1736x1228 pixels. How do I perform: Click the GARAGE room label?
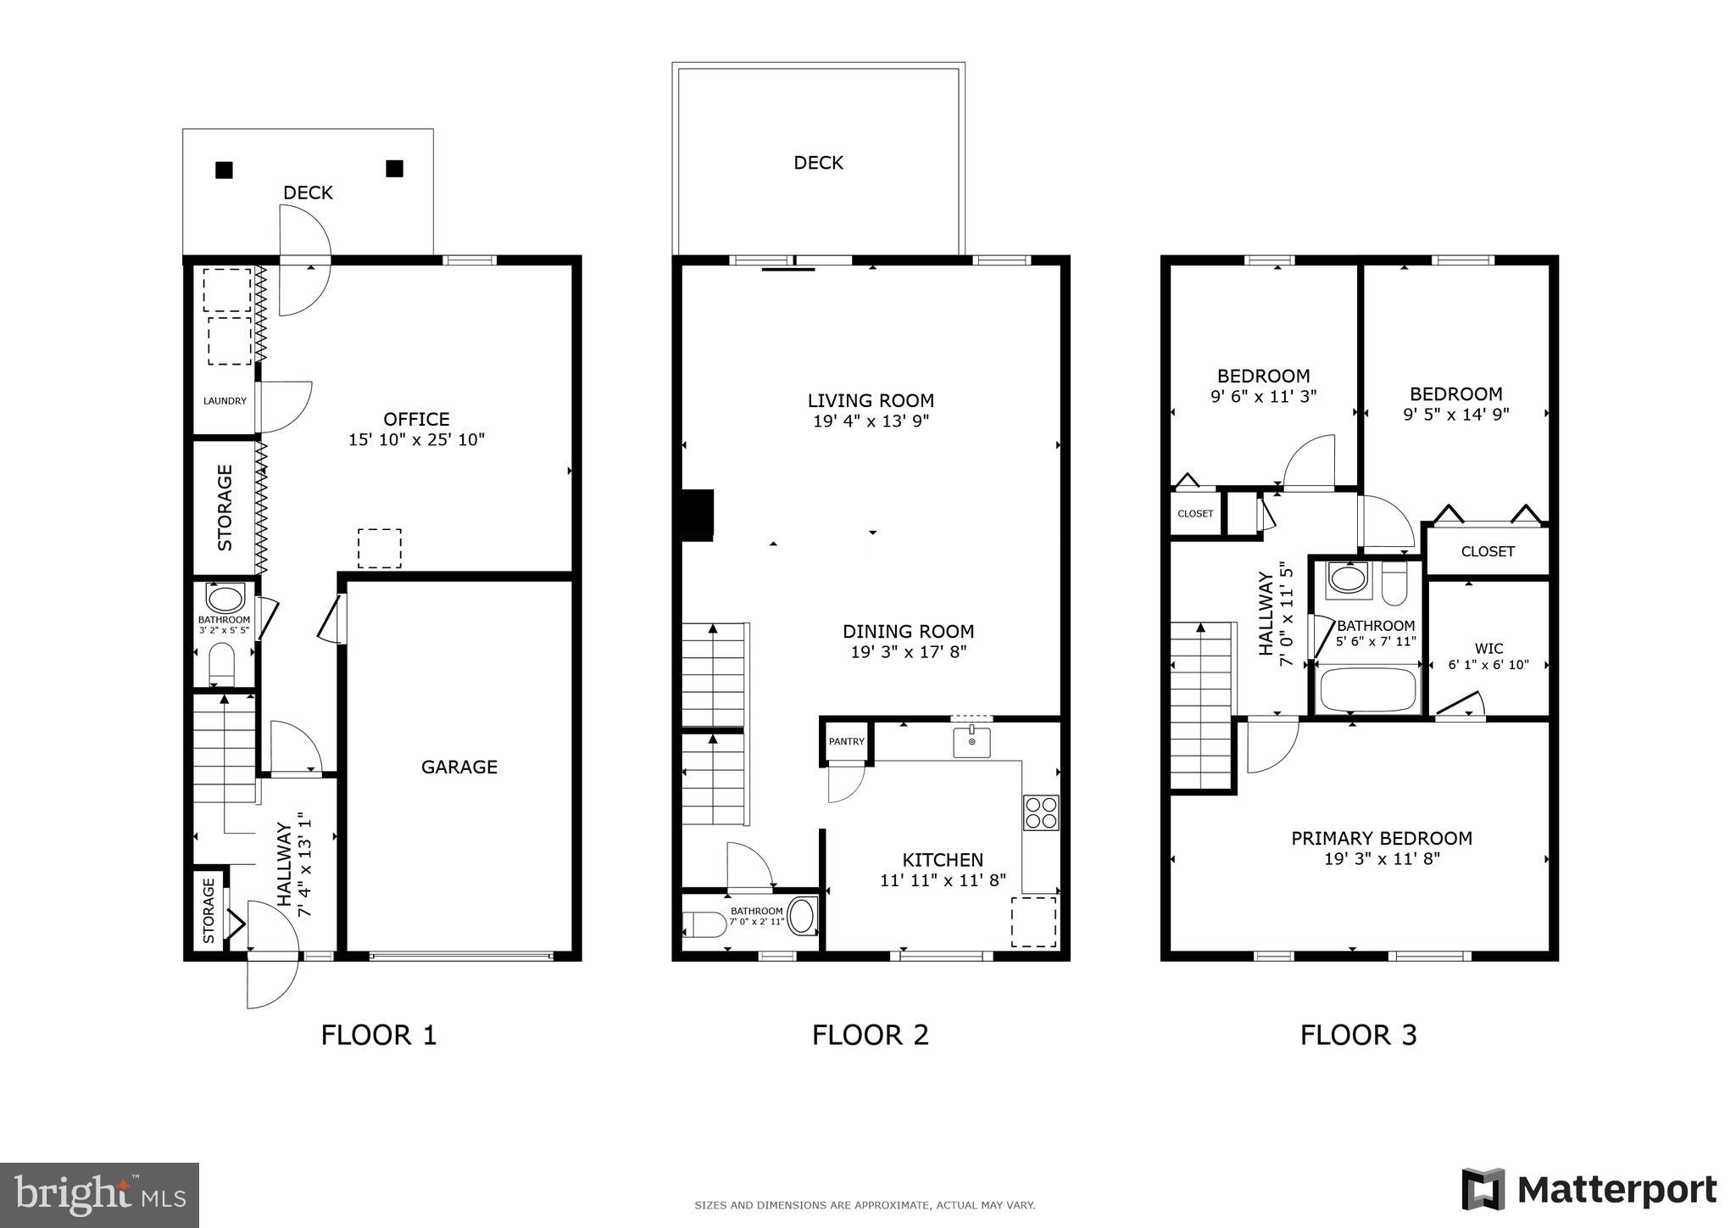[x=459, y=767]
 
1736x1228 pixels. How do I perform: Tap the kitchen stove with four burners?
[x=1040, y=812]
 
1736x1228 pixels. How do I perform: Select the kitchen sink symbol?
[x=971, y=742]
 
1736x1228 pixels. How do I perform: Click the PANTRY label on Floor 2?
[x=846, y=741]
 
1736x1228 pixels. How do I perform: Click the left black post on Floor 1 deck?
[x=224, y=170]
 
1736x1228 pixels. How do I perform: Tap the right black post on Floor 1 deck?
[x=394, y=169]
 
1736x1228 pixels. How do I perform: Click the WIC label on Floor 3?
[x=1488, y=649]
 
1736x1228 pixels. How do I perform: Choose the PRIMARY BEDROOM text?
[x=1381, y=838]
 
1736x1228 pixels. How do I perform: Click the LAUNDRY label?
[x=225, y=401]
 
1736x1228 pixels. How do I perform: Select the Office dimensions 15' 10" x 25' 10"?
[x=416, y=440]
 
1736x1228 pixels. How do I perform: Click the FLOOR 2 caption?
[x=870, y=1035]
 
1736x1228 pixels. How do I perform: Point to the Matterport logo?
[x=1589, y=1189]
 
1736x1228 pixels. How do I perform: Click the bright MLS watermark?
[x=99, y=1195]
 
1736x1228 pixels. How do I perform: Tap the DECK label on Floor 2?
[x=818, y=163]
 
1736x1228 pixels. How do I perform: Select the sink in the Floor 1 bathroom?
[x=225, y=599]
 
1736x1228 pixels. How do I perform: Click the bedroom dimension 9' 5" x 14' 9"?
[x=1455, y=415]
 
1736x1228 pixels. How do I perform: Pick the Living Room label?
[x=871, y=400]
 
